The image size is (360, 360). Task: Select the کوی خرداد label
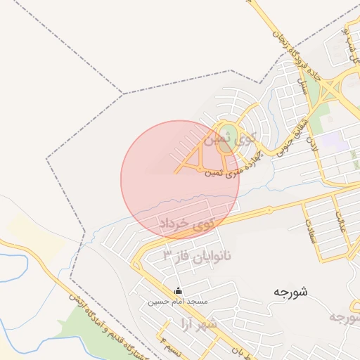coord(191,223)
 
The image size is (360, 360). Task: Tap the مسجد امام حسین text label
coord(177,302)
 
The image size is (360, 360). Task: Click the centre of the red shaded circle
coord(180,180)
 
